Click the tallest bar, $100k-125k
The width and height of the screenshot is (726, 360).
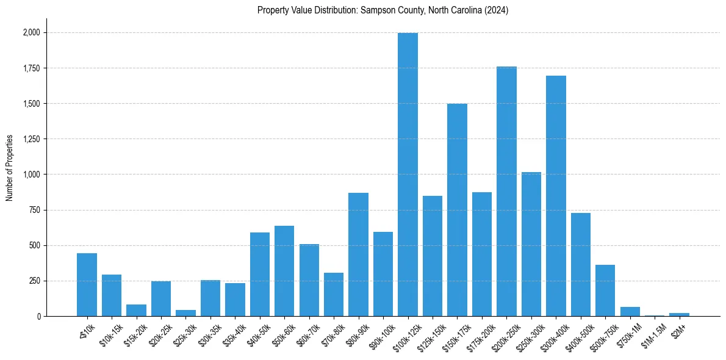tap(408, 175)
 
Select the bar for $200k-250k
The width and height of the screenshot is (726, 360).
tap(506, 192)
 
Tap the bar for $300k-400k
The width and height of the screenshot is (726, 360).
tap(556, 196)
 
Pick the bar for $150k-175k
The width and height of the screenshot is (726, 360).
tap(457, 210)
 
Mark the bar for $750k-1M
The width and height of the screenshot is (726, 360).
tap(630, 312)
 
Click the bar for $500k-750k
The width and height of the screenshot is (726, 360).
tap(605, 290)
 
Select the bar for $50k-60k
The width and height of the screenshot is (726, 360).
tap(284, 271)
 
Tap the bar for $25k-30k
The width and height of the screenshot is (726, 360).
tap(185, 313)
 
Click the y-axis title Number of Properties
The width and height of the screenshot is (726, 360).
tap(10, 167)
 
